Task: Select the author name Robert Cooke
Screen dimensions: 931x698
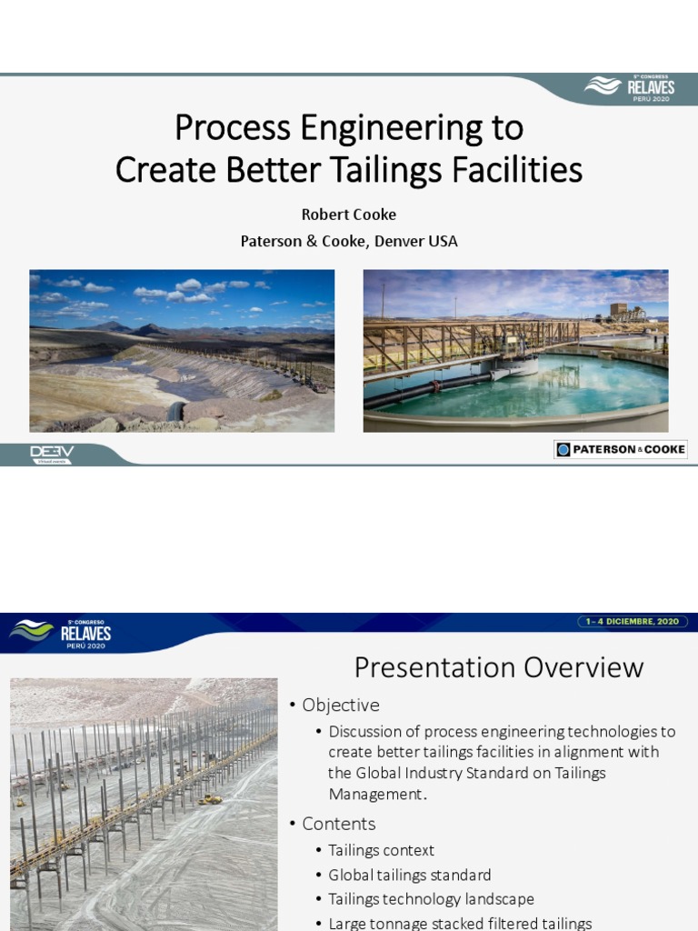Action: coord(349,215)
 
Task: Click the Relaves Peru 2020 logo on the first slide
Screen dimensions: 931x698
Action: coord(629,89)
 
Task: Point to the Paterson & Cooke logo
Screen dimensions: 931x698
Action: coord(621,449)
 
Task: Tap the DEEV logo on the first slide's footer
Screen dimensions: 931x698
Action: coord(52,453)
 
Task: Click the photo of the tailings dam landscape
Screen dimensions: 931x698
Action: coord(182,350)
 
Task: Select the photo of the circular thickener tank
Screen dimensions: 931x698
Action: coord(515,350)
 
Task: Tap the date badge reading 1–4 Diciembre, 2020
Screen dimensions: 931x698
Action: coord(634,622)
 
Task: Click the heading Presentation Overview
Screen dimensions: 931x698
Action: coord(498,667)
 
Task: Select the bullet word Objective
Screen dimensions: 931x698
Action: coord(341,706)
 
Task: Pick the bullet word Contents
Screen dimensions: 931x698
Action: coord(339,824)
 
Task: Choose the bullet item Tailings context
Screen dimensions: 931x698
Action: coord(382,851)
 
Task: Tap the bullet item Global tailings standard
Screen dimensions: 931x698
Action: coord(409,876)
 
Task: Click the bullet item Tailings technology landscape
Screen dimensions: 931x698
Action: coord(431,899)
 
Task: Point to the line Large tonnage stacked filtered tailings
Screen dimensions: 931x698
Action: coord(460,923)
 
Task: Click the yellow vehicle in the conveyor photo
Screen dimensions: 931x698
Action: coord(211,798)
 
